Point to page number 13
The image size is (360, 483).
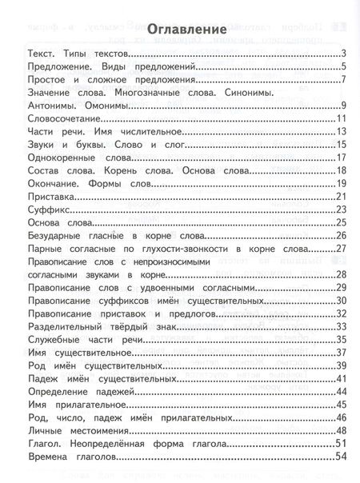point(338,131)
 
